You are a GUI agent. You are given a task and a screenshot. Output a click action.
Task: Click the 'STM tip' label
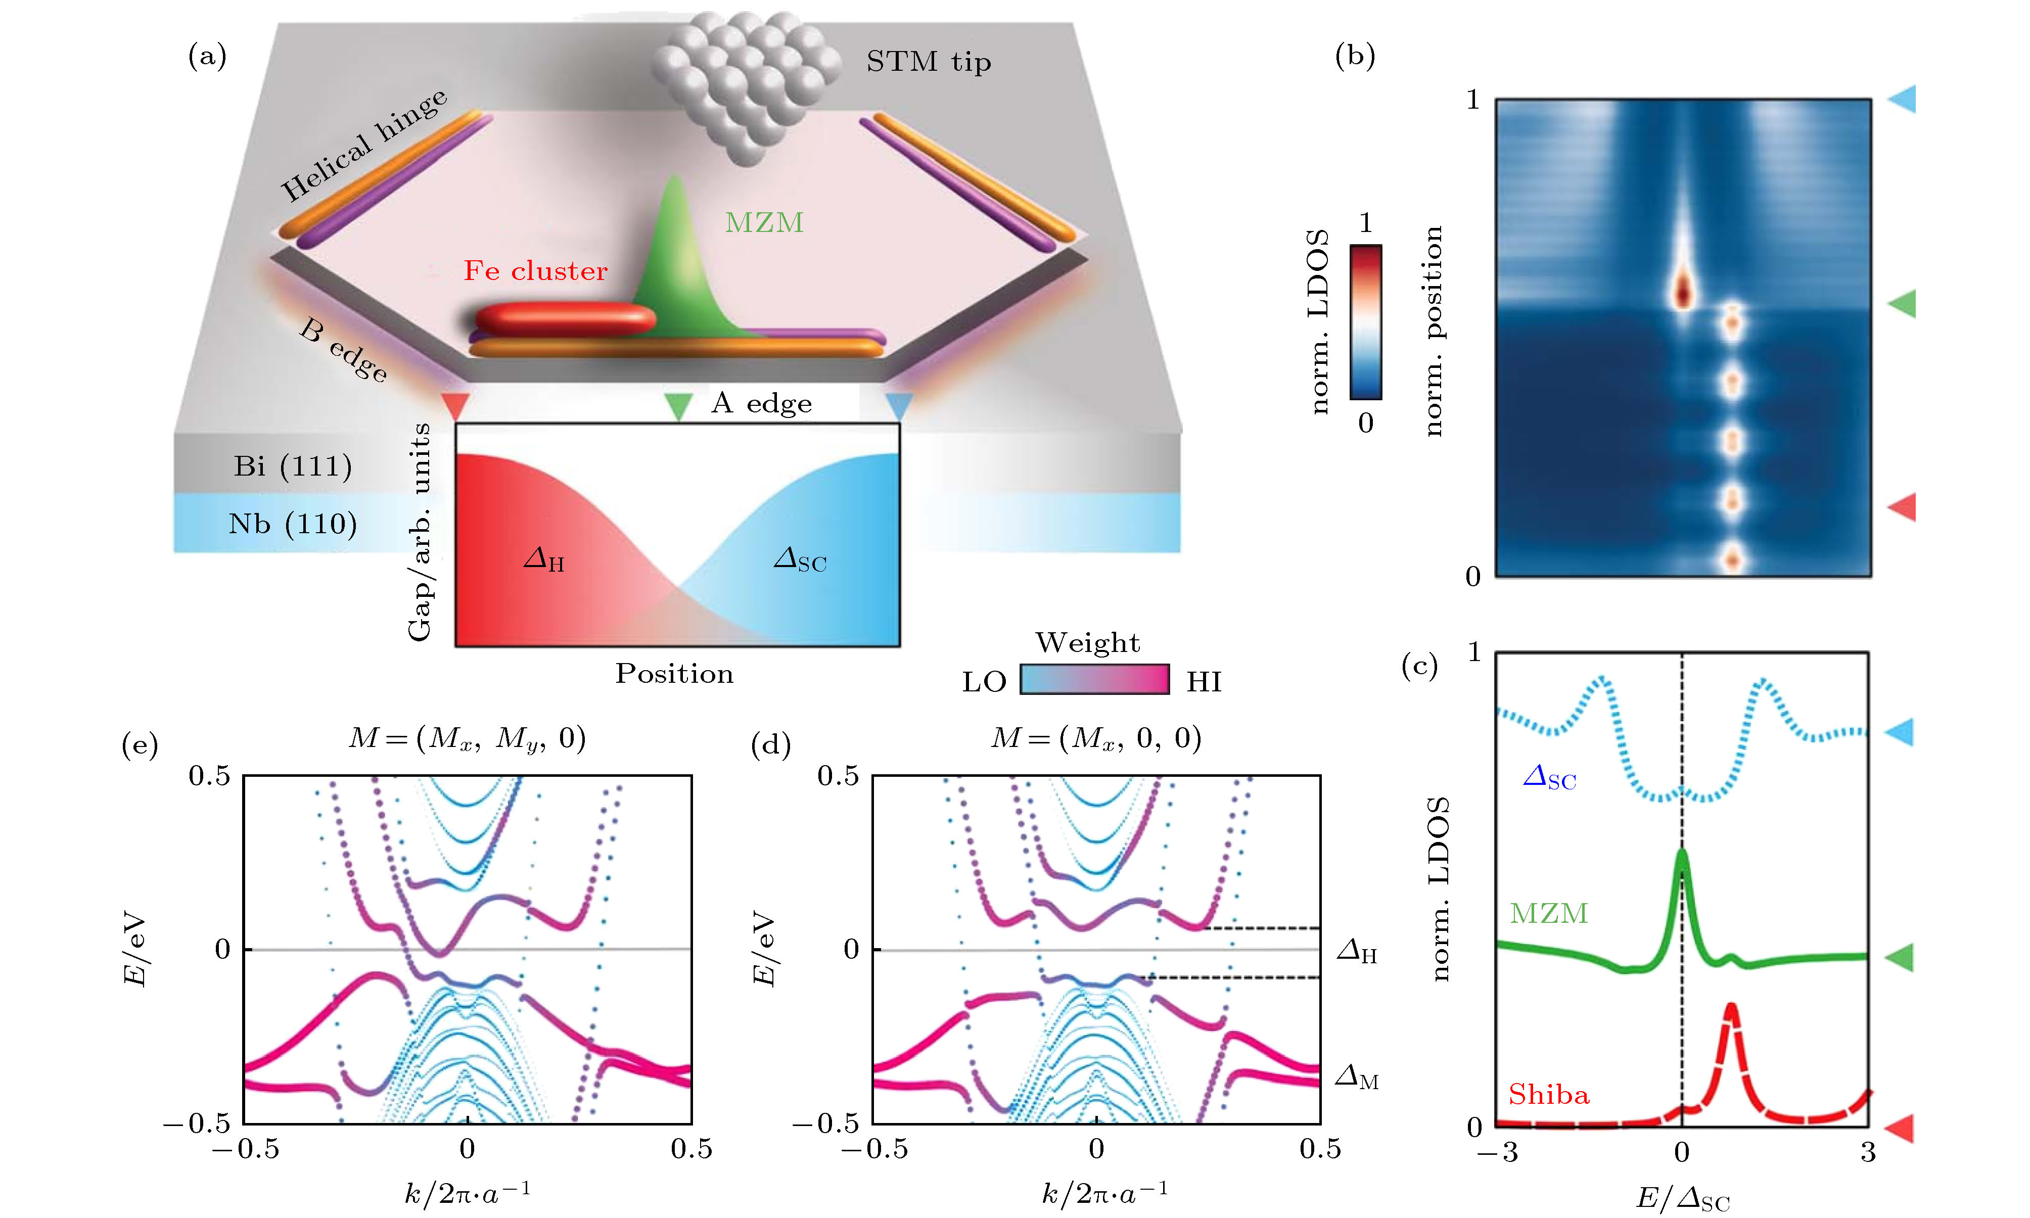(x=929, y=62)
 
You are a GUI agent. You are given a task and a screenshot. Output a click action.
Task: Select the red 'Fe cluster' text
(x=535, y=271)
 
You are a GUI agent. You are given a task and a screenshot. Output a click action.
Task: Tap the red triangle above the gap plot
(x=455, y=405)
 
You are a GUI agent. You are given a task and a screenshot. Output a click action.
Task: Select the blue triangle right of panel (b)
(x=1903, y=99)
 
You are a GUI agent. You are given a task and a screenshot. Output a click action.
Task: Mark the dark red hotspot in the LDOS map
(x=1683, y=292)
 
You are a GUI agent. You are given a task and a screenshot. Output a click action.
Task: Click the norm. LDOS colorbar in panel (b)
(x=1365, y=322)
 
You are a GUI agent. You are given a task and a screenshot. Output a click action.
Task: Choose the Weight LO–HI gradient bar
(x=1094, y=680)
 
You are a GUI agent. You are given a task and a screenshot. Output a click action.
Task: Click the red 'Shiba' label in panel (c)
(x=1548, y=1095)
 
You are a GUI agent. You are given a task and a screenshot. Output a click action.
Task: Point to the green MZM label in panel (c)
(x=1548, y=914)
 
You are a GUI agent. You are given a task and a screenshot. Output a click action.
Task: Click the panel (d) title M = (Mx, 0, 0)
(x=1096, y=738)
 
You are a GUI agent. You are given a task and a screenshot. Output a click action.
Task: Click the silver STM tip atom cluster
(x=746, y=82)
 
